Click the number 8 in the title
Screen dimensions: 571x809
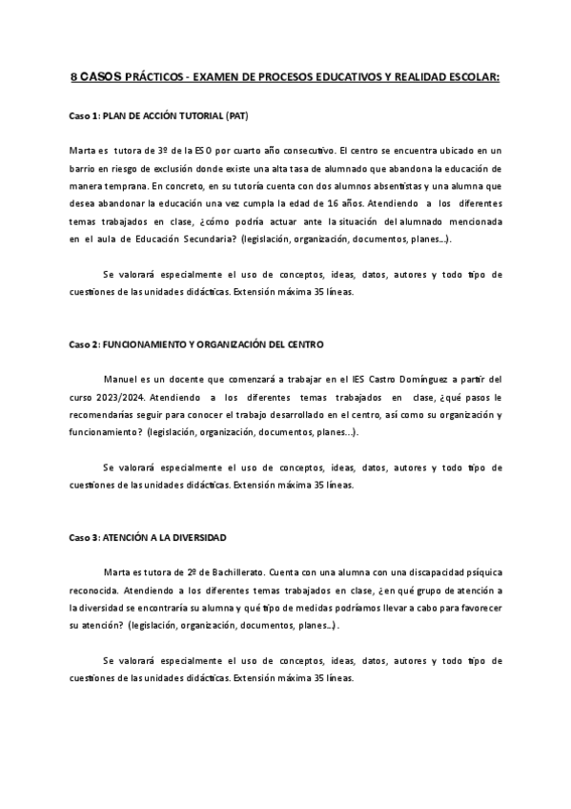(x=75, y=75)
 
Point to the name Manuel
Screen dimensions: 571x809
(x=121, y=379)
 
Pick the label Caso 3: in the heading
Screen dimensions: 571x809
(x=83, y=537)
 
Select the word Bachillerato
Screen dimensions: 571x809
(x=230, y=572)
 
